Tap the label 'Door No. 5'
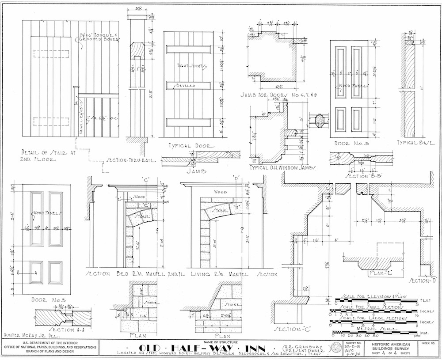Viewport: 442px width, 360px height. point(349,143)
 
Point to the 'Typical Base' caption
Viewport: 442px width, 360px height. point(415,143)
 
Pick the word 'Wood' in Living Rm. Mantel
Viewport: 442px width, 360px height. point(220,192)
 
